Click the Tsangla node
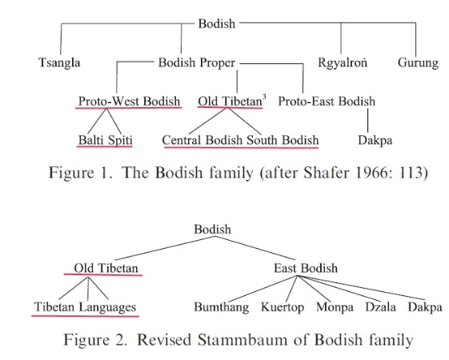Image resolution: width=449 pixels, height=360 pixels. coord(59,63)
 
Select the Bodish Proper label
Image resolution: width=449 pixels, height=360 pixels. coord(197,62)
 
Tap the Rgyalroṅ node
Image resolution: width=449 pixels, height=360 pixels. coord(343,63)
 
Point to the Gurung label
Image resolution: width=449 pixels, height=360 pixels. coord(418,63)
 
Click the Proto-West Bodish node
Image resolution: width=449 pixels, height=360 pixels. coord(129,102)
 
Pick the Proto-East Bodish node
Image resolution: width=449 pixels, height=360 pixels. coord(327,102)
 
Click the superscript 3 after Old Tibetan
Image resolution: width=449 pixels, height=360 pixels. coord(264,97)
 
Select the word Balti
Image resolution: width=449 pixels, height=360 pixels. coord(90,140)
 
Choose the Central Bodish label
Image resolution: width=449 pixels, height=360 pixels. coord(202,140)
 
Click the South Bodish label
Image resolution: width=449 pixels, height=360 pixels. coord(283,140)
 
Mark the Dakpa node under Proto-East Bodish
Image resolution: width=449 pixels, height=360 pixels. coord(375,141)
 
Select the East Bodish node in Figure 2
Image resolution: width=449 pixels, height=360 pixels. coord(306,268)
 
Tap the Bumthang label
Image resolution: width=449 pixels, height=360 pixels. coord(222,307)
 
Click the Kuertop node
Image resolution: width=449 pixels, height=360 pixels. coord(283,307)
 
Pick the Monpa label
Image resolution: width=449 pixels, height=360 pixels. coord(335,307)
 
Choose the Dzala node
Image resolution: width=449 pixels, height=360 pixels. coord(380,307)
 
